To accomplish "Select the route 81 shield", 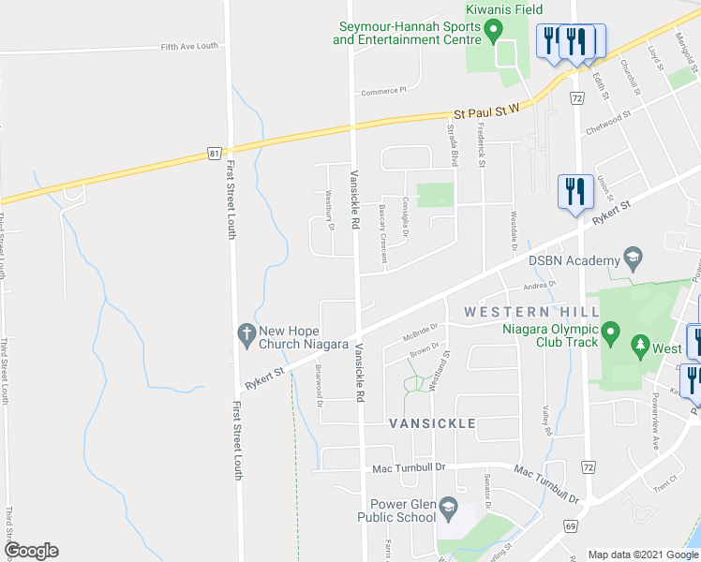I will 216,154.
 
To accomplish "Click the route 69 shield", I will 571,526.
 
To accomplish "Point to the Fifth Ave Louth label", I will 188,46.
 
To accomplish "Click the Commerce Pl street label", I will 384,91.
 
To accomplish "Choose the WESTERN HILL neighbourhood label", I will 531,311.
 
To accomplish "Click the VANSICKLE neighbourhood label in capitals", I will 432,423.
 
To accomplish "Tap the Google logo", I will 31,551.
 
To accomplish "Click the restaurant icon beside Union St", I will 573,190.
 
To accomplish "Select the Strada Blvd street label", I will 452,145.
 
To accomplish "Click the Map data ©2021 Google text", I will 643,555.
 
